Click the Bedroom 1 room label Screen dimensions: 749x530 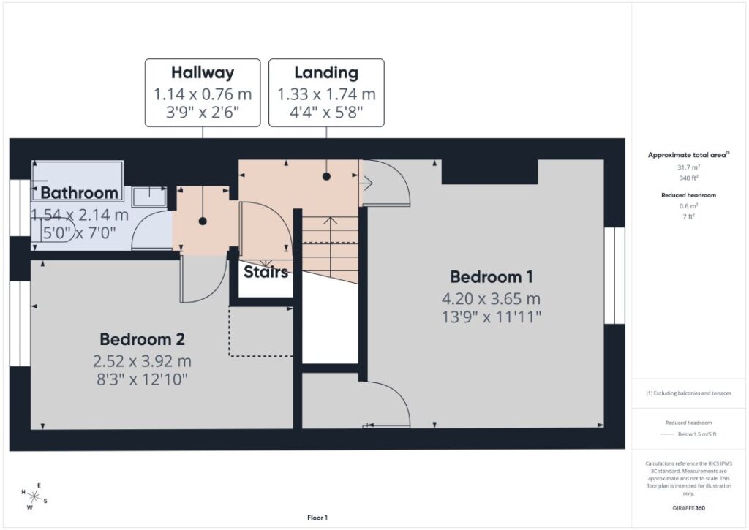(492, 277)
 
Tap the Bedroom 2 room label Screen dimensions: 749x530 (142, 339)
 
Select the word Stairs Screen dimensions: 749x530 (266, 272)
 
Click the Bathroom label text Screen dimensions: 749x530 (79, 193)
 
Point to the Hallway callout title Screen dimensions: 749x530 (203, 72)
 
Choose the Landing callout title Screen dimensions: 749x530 (326, 72)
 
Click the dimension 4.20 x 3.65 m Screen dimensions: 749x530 (491, 299)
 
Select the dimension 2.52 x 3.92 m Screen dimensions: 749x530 (142, 361)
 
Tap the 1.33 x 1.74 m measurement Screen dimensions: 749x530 (326, 94)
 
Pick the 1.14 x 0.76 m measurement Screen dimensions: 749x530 (203, 94)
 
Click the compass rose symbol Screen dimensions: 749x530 (34, 496)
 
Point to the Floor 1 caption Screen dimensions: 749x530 (317, 518)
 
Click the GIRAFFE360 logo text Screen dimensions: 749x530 (688, 507)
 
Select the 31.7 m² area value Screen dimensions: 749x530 (688, 167)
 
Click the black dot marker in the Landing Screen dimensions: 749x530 (326, 176)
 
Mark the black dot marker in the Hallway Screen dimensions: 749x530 (203, 221)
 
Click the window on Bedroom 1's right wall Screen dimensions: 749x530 (614, 276)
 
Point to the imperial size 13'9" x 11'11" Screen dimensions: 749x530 (492, 317)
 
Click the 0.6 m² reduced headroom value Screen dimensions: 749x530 (688, 206)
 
